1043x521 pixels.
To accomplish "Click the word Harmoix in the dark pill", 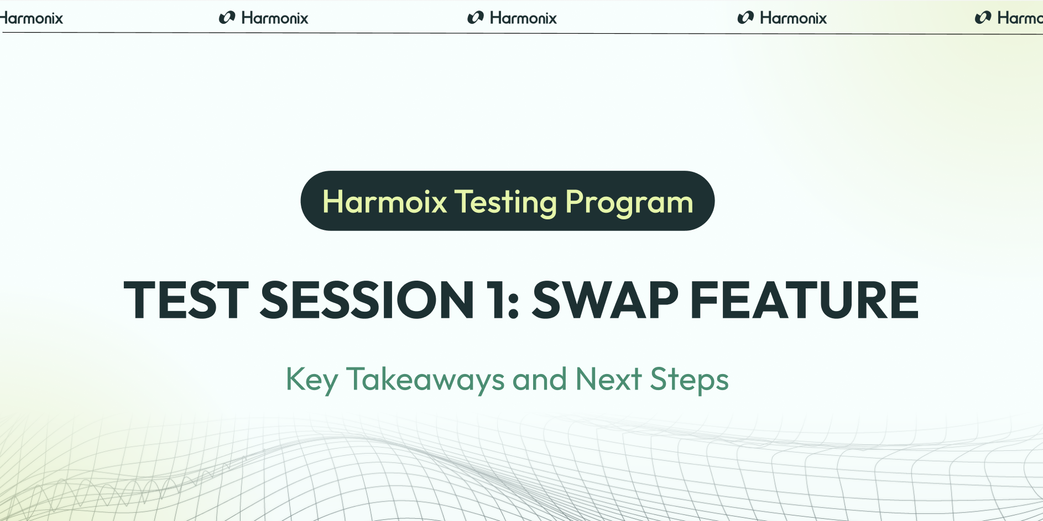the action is coord(384,202).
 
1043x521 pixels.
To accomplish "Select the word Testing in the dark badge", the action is coord(505,203).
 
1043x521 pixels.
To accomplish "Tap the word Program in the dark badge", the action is coord(629,203).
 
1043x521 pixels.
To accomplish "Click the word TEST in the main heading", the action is coord(186,300).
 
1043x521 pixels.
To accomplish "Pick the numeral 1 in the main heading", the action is coord(494,300).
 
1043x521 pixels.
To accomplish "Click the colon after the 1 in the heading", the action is coord(513,307).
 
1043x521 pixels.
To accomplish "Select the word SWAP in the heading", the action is coord(605,300).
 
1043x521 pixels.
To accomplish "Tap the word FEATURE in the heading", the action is coord(805,300).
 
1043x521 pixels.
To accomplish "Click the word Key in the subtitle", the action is coord(311,380).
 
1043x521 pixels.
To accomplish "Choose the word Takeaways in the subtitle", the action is coord(425,380).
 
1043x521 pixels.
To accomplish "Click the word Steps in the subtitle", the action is coord(689,380).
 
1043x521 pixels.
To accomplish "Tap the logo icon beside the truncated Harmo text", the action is coord(983,18).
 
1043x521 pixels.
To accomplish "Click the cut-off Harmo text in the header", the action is coord(1020,18).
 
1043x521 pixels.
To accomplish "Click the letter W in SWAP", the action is coord(588,300).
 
